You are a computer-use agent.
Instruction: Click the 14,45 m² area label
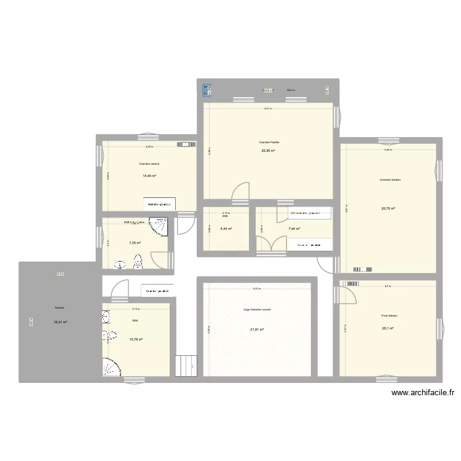click(x=149, y=176)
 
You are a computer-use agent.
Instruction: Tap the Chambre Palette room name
click(x=269, y=142)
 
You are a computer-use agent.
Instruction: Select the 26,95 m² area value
click(x=269, y=151)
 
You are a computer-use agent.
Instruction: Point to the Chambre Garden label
click(x=390, y=180)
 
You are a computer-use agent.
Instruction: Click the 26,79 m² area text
click(x=388, y=208)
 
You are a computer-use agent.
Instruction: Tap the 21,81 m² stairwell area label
click(x=257, y=329)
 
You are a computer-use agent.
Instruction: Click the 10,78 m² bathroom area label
click(x=136, y=339)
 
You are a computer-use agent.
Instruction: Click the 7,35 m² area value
click(x=135, y=243)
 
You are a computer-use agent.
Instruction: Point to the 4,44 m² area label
click(x=225, y=229)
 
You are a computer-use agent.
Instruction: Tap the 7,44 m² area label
click(x=294, y=229)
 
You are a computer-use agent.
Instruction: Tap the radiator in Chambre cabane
click(x=186, y=146)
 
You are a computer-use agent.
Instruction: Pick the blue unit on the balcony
click(x=207, y=90)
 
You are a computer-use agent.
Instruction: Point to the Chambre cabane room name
click(x=149, y=164)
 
